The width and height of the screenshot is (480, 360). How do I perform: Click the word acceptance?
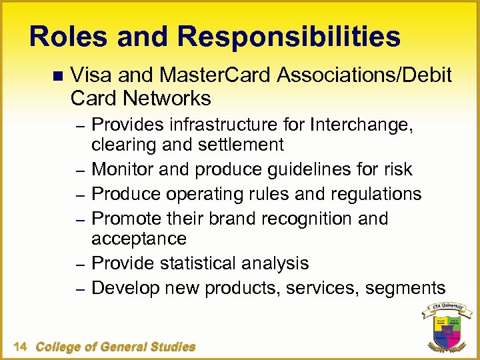pos(139,238)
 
